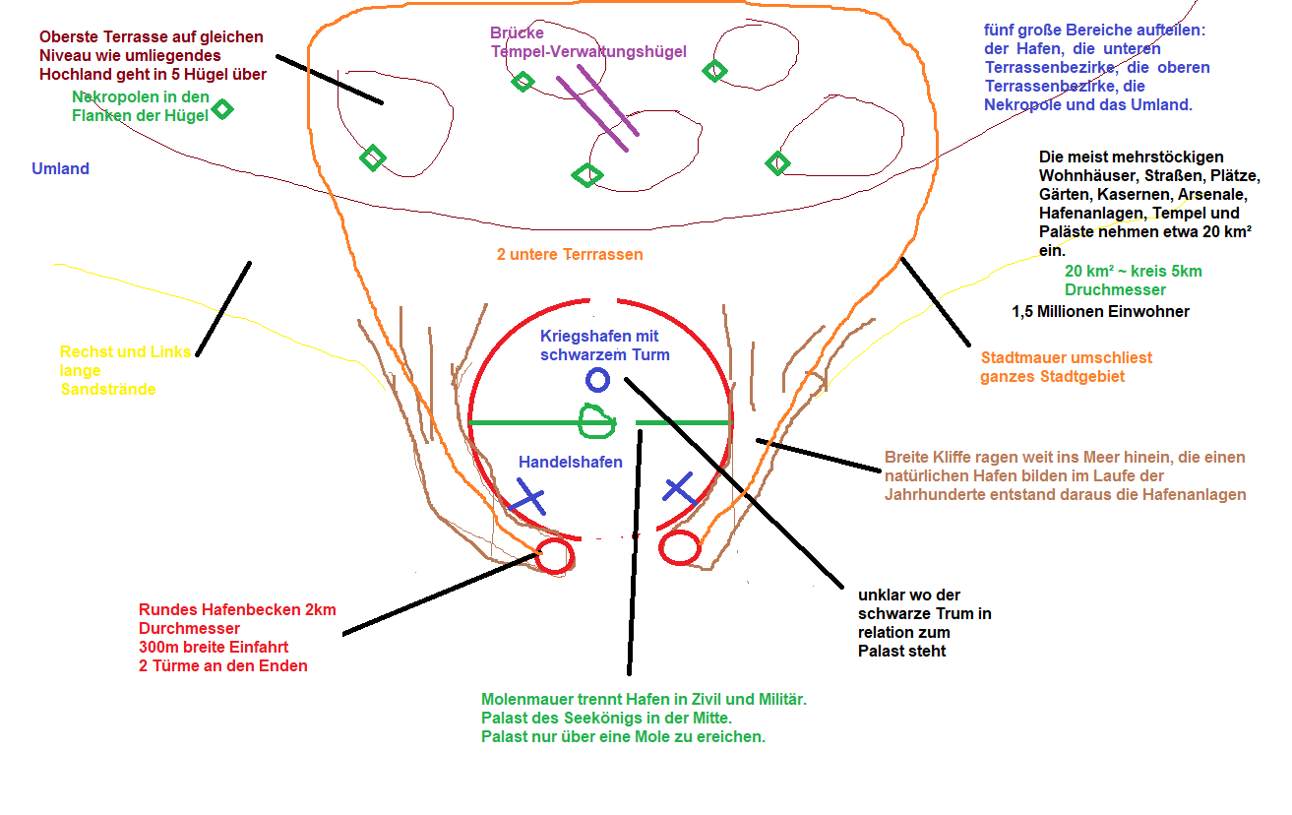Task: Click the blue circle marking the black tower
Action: click(x=597, y=380)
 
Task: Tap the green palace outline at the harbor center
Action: click(x=596, y=421)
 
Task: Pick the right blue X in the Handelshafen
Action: click(x=679, y=487)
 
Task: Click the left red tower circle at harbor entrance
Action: click(x=555, y=556)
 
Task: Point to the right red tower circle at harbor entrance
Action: click(x=679, y=548)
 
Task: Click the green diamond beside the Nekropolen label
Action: click(x=223, y=109)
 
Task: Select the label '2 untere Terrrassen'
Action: click(x=570, y=255)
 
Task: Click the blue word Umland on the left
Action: click(x=60, y=169)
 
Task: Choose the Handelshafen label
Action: click(x=571, y=462)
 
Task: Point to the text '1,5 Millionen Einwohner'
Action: click(x=1100, y=312)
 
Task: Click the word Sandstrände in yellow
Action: click(x=108, y=389)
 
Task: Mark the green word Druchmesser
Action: click(x=1115, y=290)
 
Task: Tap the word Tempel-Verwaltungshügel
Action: click(x=588, y=51)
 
